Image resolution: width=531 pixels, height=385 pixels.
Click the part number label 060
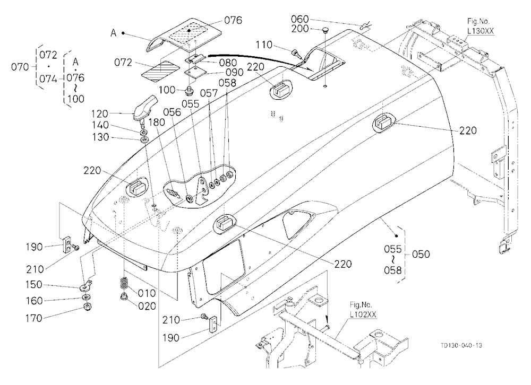click(x=300, y=19)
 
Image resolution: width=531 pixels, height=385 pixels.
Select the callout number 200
click(x=300, y=29)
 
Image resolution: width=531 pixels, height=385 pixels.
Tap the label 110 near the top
click(x=264, y=45)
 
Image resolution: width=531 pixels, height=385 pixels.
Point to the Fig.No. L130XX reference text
click(x=480, y=27)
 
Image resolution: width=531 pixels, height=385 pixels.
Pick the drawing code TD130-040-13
click(x=461, y=345)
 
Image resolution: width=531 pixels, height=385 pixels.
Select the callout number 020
click(x=147, y=306)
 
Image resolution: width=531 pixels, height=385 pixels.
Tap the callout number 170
click(x=34, y=318)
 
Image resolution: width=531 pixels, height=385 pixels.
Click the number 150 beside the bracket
click(x=34, y=285)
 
